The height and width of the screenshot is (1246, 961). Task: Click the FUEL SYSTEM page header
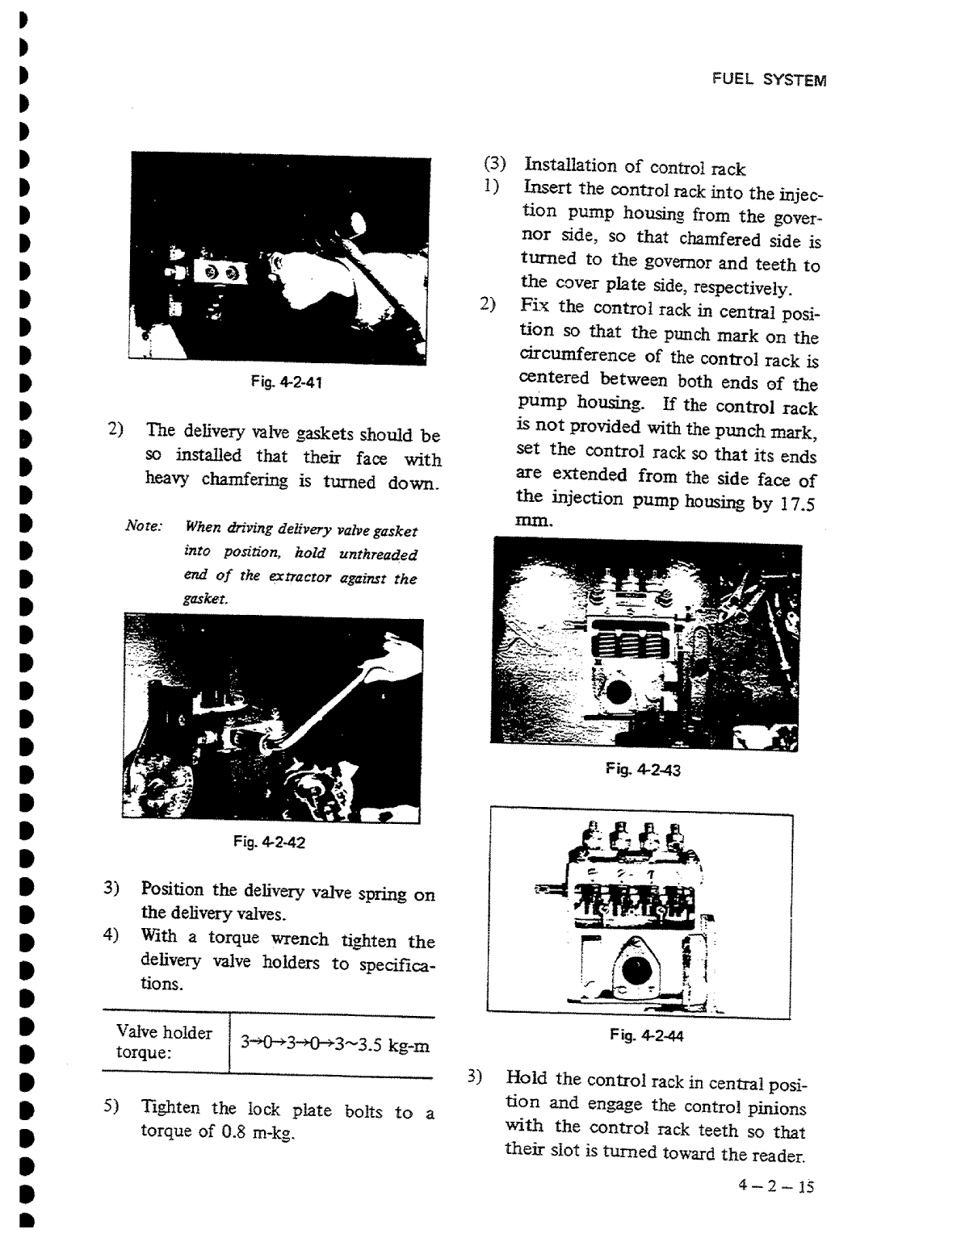click(x=768, y=80)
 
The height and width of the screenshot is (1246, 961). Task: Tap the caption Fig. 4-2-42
click(x=269, y=843)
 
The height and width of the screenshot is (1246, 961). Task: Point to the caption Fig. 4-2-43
click(x=643, y=770)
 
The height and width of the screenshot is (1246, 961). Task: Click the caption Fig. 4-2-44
click(x=646, y=1035)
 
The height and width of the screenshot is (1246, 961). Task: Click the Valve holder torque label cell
click(x=164, y=1043)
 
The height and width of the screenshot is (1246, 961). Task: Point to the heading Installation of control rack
click(x=635, y=167)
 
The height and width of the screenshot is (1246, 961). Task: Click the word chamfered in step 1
click(x=720, y=239)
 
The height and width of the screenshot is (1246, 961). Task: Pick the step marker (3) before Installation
click(x=493, y=164)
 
